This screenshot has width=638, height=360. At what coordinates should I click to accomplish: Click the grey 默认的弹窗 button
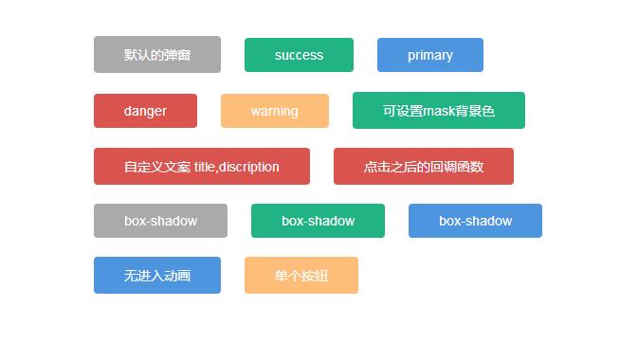[x=157, y=55]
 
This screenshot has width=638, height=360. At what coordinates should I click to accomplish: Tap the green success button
[x=299, y=55]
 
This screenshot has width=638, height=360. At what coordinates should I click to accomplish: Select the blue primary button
[x=429, y=55]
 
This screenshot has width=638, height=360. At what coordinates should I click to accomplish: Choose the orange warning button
[x=274, y=111]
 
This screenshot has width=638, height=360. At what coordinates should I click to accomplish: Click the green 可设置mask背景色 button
[x=438, y=111]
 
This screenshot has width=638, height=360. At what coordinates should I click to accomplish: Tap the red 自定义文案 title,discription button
[x=201, y=167]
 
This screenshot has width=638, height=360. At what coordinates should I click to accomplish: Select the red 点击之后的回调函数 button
[x=423, y=167]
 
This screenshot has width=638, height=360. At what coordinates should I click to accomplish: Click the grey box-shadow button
[x=160, y=221]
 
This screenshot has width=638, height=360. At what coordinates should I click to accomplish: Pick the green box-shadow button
[x=318, y=221]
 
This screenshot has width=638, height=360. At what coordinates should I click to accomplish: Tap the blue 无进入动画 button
[x=157, y=276]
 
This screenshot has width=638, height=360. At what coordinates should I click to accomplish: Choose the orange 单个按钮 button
[x=301, y=276]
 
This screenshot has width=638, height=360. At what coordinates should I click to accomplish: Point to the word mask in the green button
[x=440, y=111]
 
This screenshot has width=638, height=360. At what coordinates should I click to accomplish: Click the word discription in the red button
[x=248, y=167]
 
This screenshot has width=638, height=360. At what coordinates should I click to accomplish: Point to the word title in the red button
[x=204, y=167]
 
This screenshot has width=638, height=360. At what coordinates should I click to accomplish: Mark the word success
[x=299, y=55]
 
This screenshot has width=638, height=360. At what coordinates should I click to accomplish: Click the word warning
[x=274, y=111]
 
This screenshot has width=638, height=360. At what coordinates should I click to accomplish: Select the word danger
[x=145, y=111]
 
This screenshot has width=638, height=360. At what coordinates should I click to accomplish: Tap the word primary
[x=429, y=55]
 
